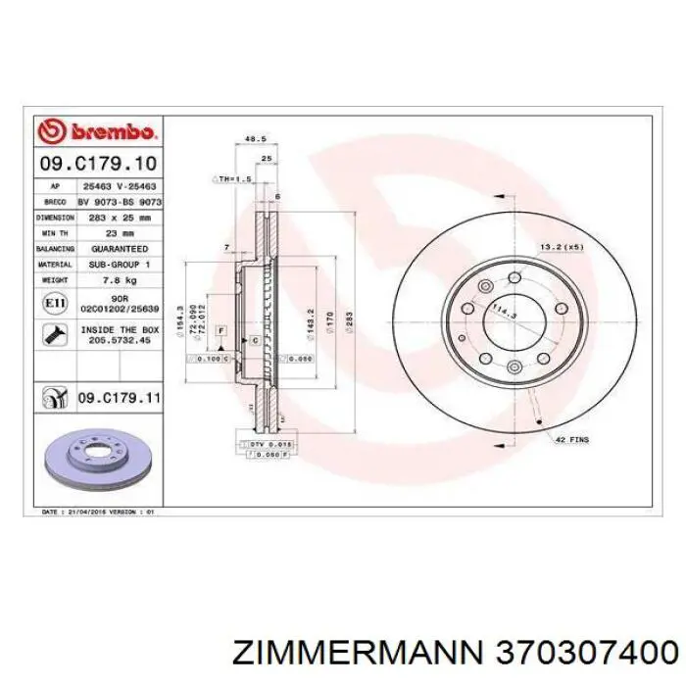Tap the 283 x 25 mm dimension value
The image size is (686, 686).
(x=121, y=217)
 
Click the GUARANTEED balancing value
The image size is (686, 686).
(x=121, y=249)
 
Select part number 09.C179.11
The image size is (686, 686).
(x=119, y=399)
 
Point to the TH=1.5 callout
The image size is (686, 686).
(x=233, y=179)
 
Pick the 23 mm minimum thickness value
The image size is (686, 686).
(x=121, y=233)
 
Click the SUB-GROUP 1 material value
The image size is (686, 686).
(x=121, y=266)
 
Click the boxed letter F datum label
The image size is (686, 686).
(x=221, y=332)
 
